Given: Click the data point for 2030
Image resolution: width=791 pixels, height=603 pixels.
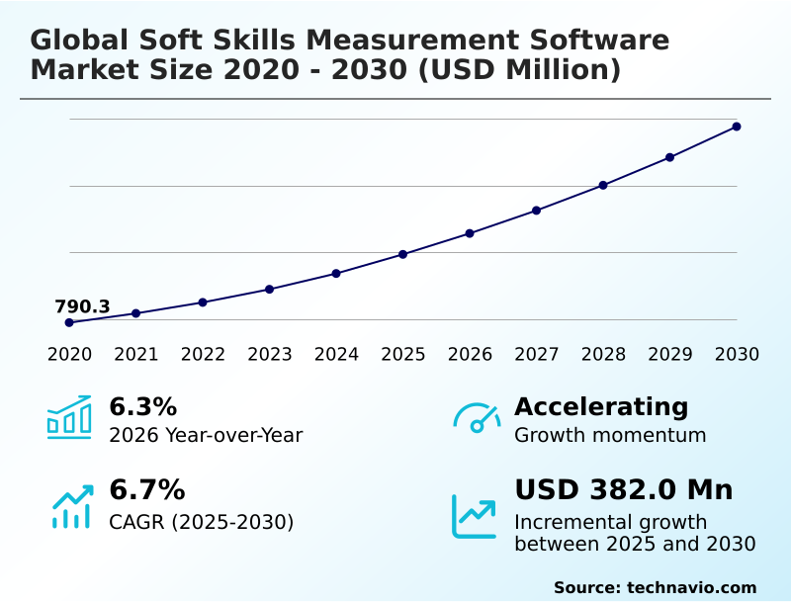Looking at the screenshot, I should click(737, 127).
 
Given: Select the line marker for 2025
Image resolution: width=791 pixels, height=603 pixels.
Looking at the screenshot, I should click(402, 254).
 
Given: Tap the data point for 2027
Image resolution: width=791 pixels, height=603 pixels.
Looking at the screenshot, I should click(536, 211).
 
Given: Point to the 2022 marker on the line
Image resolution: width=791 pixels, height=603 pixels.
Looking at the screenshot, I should click(203, 302).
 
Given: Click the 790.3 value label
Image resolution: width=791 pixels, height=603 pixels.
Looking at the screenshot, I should click(82, 306).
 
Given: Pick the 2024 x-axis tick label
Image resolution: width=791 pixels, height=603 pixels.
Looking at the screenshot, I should click(336, 354).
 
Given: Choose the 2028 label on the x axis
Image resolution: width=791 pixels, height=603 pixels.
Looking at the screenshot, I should click(603, 354).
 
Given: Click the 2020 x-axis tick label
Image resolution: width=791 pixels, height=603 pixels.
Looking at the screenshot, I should click(69, 354).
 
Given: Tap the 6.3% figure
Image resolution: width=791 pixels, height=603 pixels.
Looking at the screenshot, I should click(143, 406).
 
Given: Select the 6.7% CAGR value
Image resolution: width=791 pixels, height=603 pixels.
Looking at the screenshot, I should click(147, 489).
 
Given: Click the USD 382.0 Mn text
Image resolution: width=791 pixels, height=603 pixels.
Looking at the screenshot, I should click(624, 489).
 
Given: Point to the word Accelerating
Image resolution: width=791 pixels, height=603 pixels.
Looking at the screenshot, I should click(601, 406).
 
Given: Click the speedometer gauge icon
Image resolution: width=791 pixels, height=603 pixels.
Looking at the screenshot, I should click(477, 418).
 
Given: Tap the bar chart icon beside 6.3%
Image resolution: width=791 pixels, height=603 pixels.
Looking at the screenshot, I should click(69, 417).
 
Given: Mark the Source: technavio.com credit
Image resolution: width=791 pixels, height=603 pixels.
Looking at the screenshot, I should click(655, 587).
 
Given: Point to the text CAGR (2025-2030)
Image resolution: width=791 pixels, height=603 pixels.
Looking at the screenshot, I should click(202, 521).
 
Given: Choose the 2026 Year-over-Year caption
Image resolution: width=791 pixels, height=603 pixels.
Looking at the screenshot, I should click(206, 435).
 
